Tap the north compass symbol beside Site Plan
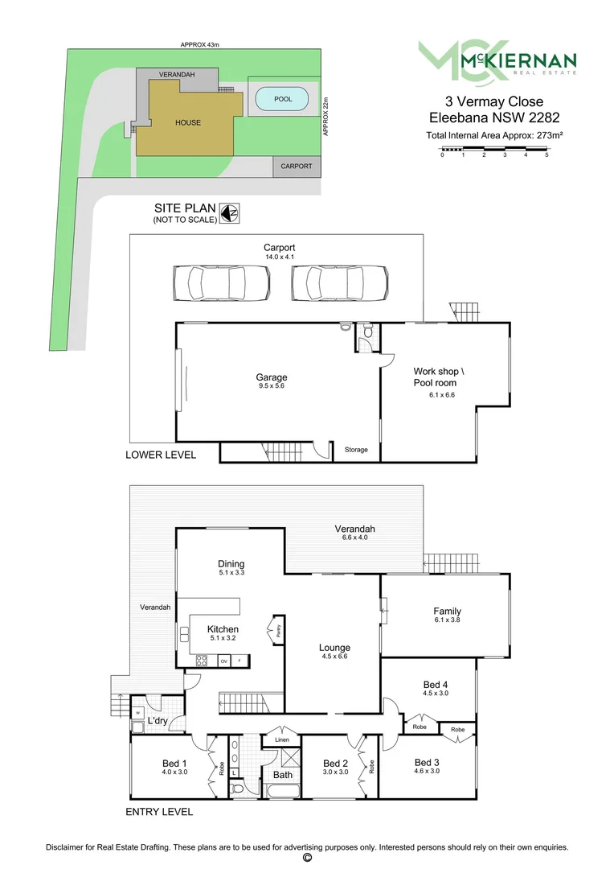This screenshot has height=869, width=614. click(x=231, y=213)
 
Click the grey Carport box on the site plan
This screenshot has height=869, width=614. click(x=296, y=167)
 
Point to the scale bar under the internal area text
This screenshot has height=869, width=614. click(x=494, y=150)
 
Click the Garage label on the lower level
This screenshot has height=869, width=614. click(x=271, y=377)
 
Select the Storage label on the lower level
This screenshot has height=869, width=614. click(x=356, y=450)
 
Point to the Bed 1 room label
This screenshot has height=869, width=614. click(x=174, y=763)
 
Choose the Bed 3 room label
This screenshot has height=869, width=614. click(x=427, y=762)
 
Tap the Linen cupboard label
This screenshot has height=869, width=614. click(x=281, y=739)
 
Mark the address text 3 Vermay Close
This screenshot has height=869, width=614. click(x=494, y=101)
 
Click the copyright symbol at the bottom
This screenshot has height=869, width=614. click(x=306, y=859)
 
